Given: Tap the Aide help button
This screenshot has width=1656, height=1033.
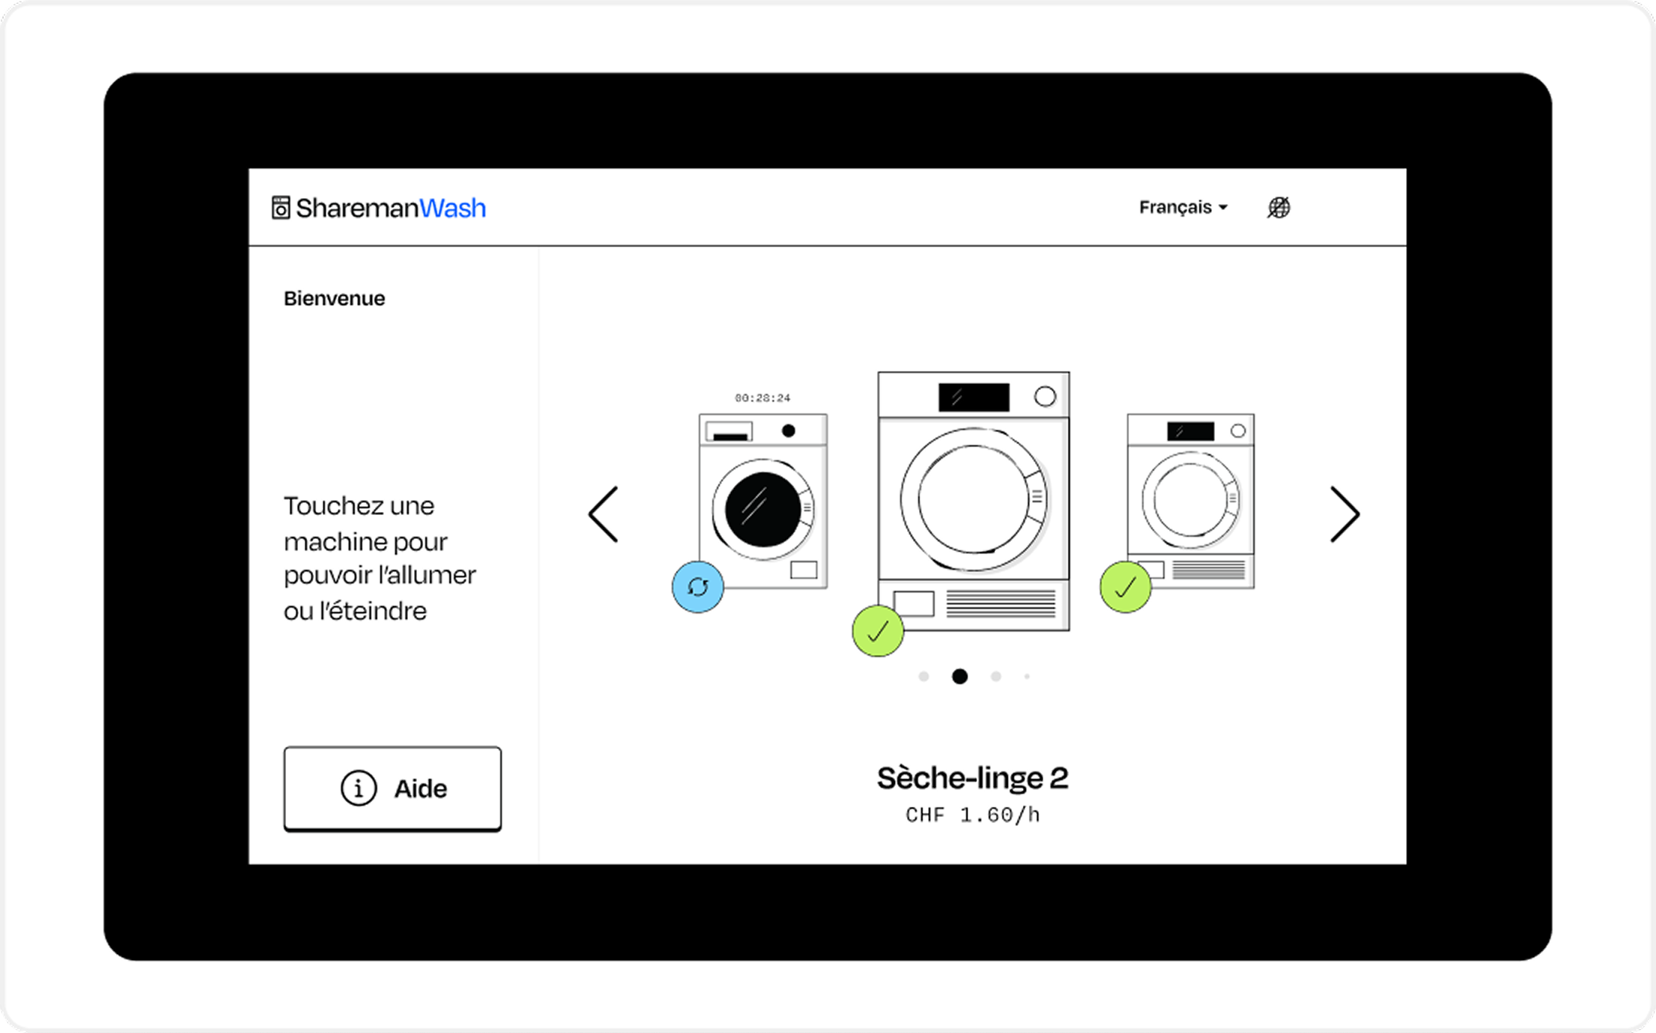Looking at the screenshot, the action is click(392, 788).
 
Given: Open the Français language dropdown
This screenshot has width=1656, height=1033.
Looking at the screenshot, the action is click(1183, 207).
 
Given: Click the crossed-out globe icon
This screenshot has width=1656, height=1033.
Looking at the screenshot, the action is click(1278, 207).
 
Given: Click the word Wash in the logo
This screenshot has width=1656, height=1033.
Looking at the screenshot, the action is click(452, 208).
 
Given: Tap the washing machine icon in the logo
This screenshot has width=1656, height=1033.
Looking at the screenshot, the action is click(281, 208).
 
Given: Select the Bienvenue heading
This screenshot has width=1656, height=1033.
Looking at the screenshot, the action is click(334, 298).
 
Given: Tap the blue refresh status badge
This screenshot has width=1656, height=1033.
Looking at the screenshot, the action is click(698, 587).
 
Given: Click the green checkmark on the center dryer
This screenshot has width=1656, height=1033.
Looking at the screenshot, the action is click(878, 631).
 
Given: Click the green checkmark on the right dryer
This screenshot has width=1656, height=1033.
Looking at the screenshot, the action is click(1125, 587).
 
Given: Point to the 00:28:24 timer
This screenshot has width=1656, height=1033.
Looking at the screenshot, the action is click(763, 398).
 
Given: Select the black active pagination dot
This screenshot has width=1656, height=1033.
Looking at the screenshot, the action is click(960, 676).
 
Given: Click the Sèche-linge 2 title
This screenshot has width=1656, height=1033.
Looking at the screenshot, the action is click(973, 778).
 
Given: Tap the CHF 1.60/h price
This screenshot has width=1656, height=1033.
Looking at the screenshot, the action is click(973, 815).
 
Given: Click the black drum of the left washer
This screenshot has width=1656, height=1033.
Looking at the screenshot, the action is click(763, 510).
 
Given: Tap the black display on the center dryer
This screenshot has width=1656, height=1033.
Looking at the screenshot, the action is click(974, 397).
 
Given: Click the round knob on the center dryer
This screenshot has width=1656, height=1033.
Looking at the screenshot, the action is click(1045, 396).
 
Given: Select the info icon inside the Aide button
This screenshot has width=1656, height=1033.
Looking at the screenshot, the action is click(358, 788).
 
